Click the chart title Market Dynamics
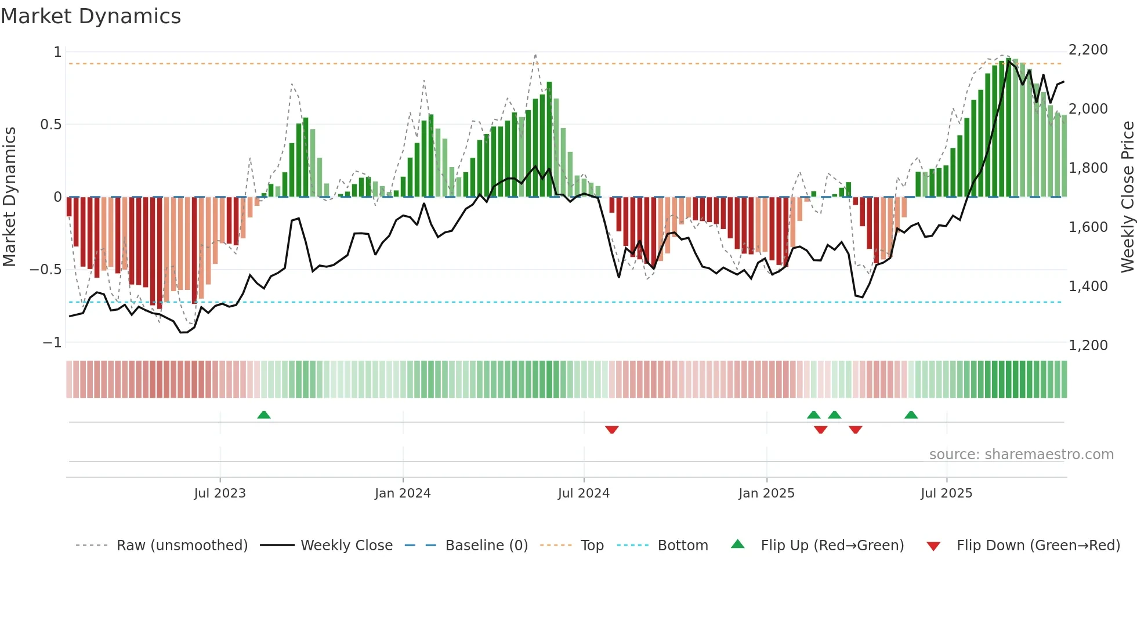[90, 16]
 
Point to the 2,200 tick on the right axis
[1088, 50]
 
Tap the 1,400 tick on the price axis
[1088, 286]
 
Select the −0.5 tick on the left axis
[45, 270]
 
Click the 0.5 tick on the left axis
[50, 125]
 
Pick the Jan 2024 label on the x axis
[403, 493]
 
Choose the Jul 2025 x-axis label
[946, 493]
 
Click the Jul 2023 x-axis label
[220, 493]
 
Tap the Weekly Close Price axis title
[1127, 197]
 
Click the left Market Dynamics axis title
[9, 197]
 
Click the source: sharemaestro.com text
[1021, 455]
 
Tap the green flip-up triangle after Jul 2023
[264, 415]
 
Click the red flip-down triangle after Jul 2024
[611, 430]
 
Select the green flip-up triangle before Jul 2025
[911, 415]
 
